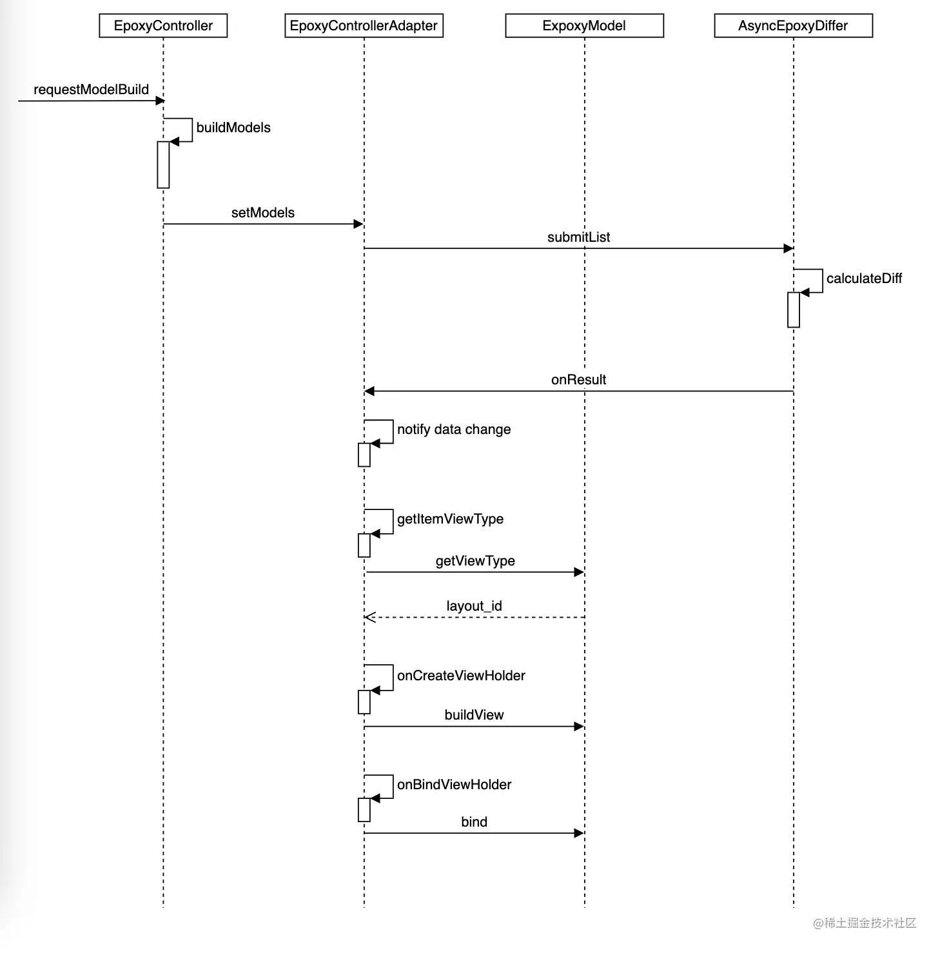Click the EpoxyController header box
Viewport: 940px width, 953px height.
pyautogui.click(x=163, y=26)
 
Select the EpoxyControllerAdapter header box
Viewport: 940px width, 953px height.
pyautogui.click(x=364, y=26)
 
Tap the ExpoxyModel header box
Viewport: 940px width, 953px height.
pyautogui.click(x=584, y=26)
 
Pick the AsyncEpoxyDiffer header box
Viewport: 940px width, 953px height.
pyautogui.click(x=793, y=26)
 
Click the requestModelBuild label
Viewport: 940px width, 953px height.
pyautogui.click(x=91, y=90)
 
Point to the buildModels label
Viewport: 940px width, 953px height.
pyautogui.click(x=233, y=128)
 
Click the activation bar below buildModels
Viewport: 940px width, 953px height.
pyautogui.click(x=163, y=165)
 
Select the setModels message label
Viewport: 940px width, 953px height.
pyautogui.click(x=262, y=213)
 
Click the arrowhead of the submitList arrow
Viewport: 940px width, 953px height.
pyautogui.click(x=788, y=248)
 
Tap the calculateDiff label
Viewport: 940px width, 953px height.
pyautogui.click(x=864, y=279)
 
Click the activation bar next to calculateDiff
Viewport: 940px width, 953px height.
pyautogui.click(x=794, y=309)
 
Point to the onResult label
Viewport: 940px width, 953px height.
pyautogui.click(x=578, y=380)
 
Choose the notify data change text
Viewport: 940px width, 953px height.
pyautogui.click(x=454, y=429)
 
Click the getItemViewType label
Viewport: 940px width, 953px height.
pyautogui.click(x=450, y=519)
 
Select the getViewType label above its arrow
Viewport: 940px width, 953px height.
pyautogui.click(x=475, y=561)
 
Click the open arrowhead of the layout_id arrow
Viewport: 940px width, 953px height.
pyautogui.click(x=369, y=617)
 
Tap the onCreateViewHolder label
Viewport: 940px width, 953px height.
pyautogui.click(x=461, y=676)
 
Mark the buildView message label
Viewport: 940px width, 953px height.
pyautogui.click(x=474, y=715)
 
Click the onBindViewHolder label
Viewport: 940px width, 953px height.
pyautogui.click(x=454, y=785)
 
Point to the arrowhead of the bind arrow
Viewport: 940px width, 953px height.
pyautogui.click(x=579, y=833)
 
